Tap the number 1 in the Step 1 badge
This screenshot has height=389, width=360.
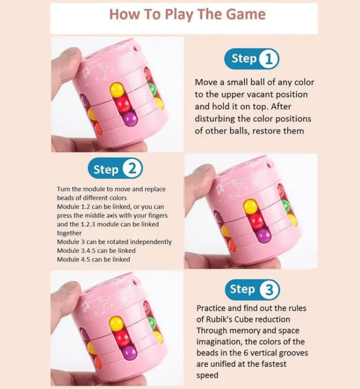tap(269, 59)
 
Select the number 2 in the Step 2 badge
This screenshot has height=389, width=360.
tap(133, 168)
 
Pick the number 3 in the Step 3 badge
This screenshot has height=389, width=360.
tap(269, 290)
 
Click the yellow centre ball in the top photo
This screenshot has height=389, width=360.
tap(116, 89)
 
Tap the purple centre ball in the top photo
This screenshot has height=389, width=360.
tap(130, 119)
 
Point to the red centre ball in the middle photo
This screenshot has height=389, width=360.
tap(257, 221)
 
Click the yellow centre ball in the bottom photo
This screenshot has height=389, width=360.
tap(116, 324)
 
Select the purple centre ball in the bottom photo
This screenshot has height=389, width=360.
tap(130, 352)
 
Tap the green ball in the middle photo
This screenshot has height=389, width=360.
tap(286, 206)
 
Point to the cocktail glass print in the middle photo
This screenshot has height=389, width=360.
tap(236, 187)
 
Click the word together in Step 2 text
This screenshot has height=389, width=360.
tap(69, 233)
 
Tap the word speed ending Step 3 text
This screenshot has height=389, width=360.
tap(208, 375)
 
